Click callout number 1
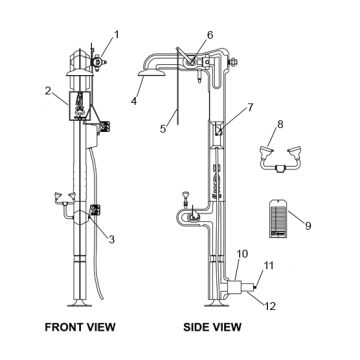[117, 35]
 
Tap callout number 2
[49, 91]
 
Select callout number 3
[111, 239]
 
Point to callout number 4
[134, 100]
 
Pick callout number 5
[163, 129]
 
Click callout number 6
[210, 35]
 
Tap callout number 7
[250, 107]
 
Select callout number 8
[280, 124]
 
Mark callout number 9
[308, 226]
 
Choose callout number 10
[243, 254]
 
